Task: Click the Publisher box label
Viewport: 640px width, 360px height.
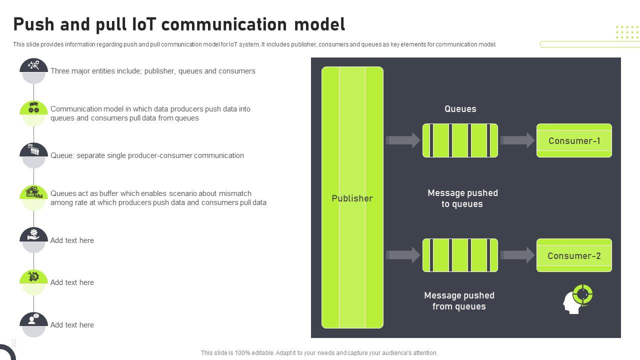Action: [x=352, y=198]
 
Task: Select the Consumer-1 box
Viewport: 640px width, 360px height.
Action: [x=574, y=140]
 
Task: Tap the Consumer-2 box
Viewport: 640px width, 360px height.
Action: [x=574, y=255]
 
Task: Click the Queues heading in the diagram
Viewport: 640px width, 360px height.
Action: [x=460, y=109]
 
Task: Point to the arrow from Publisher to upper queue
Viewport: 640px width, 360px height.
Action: [x=403, y=140]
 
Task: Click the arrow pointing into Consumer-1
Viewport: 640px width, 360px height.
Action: [x=517, y=140]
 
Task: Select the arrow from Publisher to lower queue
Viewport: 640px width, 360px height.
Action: [x=403, y=255]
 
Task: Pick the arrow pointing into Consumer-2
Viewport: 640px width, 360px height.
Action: [x=517, y=255]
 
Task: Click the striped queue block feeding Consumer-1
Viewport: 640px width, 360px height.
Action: [x=460, y=140]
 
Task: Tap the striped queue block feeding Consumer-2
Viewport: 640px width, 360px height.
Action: [x=460, y=255]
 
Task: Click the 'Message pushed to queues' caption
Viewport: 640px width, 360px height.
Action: [x=462, y=198]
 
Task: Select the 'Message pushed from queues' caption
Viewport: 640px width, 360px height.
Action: [x=459, y=301]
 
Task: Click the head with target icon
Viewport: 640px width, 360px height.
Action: [x=577, y=299]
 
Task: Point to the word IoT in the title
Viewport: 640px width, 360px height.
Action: [x=144, y=24]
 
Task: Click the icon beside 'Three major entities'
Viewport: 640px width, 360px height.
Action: [x=33, y=65]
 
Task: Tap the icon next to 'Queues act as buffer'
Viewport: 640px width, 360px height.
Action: [x=33, y=192]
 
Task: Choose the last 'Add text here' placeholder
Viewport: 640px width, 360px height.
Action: [x=72, y=325]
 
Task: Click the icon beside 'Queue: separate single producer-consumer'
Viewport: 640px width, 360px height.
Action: [x=33, y=149]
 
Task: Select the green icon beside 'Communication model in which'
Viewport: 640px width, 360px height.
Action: [x=33, y=107]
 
